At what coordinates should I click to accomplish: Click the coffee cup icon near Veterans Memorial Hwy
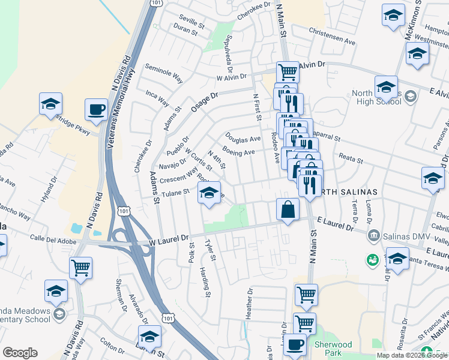(96, 109)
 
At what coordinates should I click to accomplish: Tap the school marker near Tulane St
(208, 193)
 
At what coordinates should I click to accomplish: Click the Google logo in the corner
(20, 353)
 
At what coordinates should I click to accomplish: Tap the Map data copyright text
(412, 355)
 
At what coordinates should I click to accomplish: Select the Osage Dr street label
(204, 101)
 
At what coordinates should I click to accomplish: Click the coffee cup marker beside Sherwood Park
(294, 345)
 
